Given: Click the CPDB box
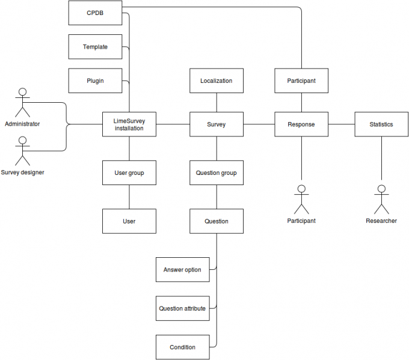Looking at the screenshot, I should tap(95, 13).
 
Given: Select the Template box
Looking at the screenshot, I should tap(95, 46).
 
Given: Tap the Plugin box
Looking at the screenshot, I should tap(95, 81).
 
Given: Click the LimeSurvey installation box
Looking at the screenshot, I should tap(129, 124).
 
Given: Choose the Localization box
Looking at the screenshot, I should tap(216, 81).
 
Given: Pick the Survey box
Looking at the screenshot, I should tap(216, 124).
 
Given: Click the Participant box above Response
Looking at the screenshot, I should tap(301, 81).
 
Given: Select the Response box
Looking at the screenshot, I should tap(301, 124).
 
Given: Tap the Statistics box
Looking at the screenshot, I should tap(381, 124).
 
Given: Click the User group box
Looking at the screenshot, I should tap(129, 173).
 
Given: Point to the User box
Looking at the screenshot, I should tap(129, 221).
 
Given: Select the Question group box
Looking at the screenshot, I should tap(216, 173).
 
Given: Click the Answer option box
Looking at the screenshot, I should tap(182, 270).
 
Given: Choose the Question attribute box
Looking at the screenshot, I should tap(182, 308).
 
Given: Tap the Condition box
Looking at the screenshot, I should tap(182, 347).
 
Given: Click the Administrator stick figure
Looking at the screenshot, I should tap(23, 103).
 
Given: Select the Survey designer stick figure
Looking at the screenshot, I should tap(23, 151).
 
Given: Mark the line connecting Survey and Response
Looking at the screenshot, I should tap(259, 124).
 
